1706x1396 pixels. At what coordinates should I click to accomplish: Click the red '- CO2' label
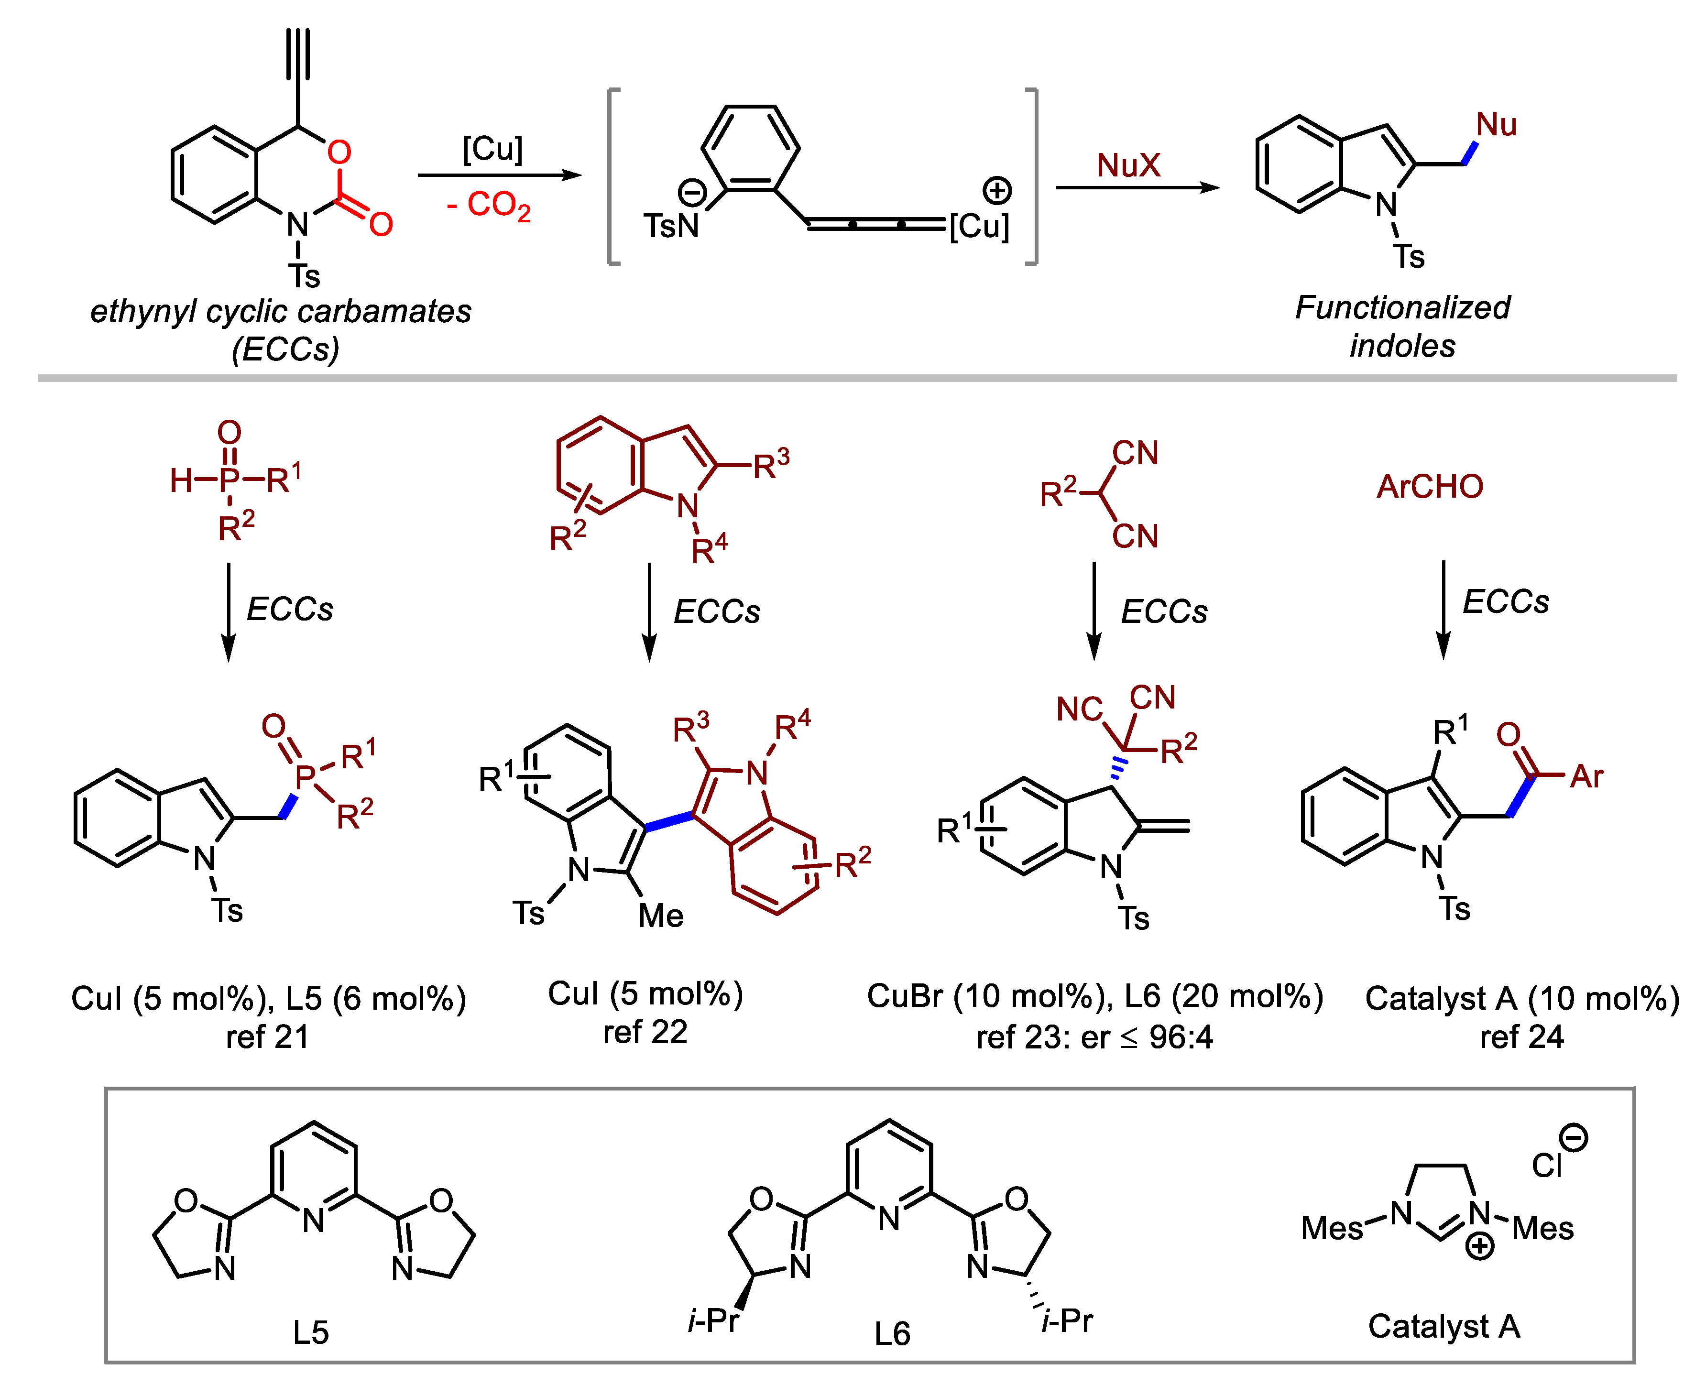[488, 206]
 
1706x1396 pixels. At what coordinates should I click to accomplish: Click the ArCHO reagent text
[1429, 487]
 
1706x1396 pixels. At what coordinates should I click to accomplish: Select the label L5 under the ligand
[310, 1332]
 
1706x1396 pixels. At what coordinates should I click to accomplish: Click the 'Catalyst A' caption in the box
[1444, 1326]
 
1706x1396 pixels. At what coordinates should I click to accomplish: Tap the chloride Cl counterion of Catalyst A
[1546, 1165]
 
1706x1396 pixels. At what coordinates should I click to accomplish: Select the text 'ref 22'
[645, 1032]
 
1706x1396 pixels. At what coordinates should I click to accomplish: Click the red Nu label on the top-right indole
[1496, 125]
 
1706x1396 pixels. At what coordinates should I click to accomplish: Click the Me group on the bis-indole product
[660, 915]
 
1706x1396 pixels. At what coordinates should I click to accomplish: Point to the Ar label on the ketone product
[1586, 776]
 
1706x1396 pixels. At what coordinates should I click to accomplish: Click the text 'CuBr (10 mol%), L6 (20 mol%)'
[1095, 996]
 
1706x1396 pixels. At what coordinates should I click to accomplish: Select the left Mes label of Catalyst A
[1331, 1228]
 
